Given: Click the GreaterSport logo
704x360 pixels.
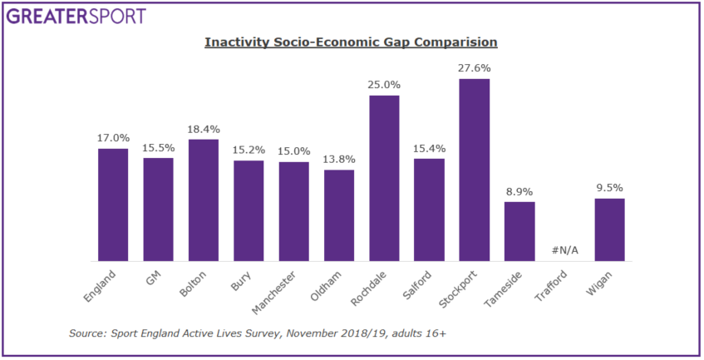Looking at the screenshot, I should [75, 16].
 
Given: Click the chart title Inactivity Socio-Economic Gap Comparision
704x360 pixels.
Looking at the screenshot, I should [351, 42].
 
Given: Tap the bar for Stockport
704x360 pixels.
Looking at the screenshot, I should [474, 170].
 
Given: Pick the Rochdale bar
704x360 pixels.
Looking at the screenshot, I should [384, 179].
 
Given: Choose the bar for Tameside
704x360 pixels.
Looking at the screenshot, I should [519, 232].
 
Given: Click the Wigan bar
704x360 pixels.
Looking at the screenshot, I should [609, 230].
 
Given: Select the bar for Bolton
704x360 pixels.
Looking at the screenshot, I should [204, 200].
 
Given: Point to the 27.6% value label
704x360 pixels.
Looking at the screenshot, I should [474, 67].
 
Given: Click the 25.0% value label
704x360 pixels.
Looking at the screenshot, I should [384, 84].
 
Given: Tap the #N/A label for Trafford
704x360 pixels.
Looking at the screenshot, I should [564, 251].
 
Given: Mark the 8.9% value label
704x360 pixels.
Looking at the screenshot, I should [519, 190].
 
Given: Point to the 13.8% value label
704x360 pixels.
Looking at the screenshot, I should [339, 159].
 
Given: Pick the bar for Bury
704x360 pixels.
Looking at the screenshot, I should [249, 211].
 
